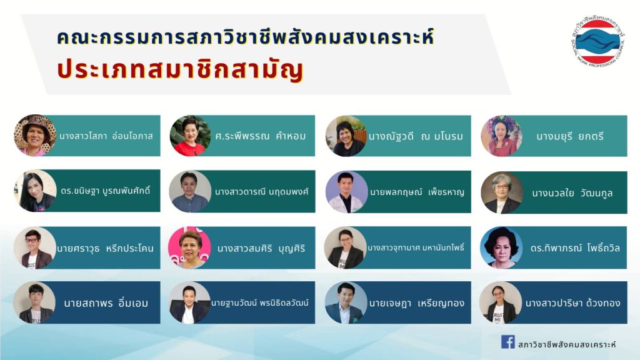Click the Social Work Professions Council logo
pyautogui.click(x=598, y=41)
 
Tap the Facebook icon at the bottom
pyautogui.click(x=507, y=342)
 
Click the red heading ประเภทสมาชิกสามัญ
pyautogui.click(x=180, y=70)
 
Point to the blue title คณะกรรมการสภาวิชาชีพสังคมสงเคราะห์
pyautogui.click(x=245, y=37)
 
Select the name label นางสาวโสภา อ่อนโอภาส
pyautogui.click(x=106, y=136)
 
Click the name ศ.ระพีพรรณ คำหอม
pyautogui.click(x=261, y=136)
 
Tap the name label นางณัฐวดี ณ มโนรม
pyautogui.click(x=416, y=136)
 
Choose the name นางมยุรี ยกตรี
pyautogui.click(x=570, y=136)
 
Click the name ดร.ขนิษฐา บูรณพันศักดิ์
pyautogui.click(x=105, y=191)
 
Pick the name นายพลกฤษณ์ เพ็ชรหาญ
pyautogui.click(x=417, y=192)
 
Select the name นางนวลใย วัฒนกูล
pyautogui.click(x=572, y=192)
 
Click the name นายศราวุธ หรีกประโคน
pyautogui.click(x=105, y=248)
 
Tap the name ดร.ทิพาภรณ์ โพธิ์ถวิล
pyautogui.click(x=575, y=247)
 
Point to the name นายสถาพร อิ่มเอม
pyautogui.click(x=106, y=303)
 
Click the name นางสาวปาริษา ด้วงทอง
pyautogui.click(x=572, y=303)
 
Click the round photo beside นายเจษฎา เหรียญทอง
pyautogui.click(x=346, y=302)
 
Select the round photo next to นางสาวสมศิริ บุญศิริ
pyautogui.click(x=190, y=247)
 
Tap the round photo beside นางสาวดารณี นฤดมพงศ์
pyautogui.click(x=190, y=191)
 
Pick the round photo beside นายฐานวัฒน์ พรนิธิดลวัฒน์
pyautogui.click(x=190, y=302)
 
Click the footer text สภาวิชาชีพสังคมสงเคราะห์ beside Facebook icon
pyautogui.click(x=566, y=344)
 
